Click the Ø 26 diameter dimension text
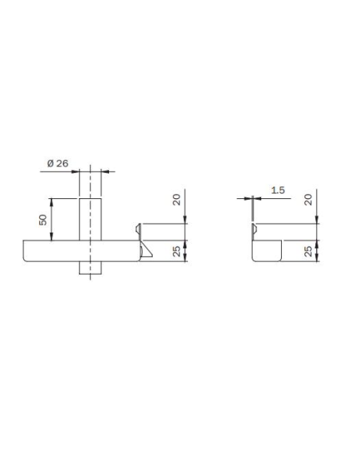(x=58, y=163)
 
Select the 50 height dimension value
(x=43, y=218)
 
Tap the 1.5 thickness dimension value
(x=277, y=190)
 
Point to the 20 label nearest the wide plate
(x=177, y=199)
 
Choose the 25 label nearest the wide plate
(x=177, y=252)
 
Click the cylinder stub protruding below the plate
(x=92, y=268)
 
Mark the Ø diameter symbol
(x=50, y=163)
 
